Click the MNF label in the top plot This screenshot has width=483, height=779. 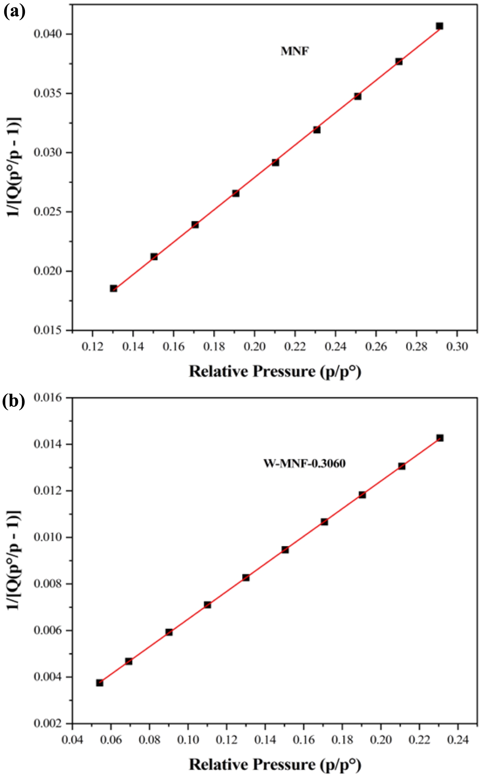point(295,51)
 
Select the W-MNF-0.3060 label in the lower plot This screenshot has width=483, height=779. point(304,463)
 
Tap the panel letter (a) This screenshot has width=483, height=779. point(14,12)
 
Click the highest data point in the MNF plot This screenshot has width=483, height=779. point(439,26)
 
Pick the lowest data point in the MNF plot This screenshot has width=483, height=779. point(113,288)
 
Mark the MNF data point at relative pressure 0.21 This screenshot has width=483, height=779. point(275,162)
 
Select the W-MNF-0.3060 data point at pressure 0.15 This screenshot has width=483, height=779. point(285,550)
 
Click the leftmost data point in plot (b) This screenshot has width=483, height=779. point(100,683)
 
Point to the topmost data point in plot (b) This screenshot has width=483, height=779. point(440,438)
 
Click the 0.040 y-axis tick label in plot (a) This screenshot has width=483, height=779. point(48,34)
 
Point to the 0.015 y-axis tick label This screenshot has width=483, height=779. point(48,330)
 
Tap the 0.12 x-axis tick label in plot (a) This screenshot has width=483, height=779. point(92,347)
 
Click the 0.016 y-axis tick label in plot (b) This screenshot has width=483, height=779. point(48,398)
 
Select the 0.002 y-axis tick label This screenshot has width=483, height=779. point(48,723)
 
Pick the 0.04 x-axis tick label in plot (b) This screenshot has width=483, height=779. point(72,740)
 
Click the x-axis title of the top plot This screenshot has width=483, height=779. point(275,371)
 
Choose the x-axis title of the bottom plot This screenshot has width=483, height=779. point(275,764)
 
